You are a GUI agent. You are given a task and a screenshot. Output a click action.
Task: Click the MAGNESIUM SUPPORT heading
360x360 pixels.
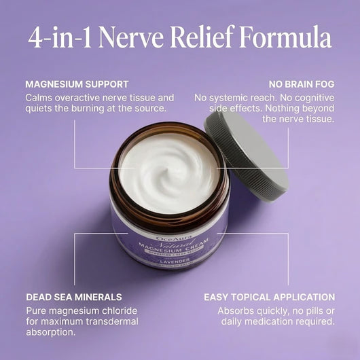pos(77,85)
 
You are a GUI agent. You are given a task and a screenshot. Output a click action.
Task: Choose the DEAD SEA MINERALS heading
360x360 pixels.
pos(74,297)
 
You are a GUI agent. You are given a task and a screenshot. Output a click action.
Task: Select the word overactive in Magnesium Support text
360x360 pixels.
pos(79,98)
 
